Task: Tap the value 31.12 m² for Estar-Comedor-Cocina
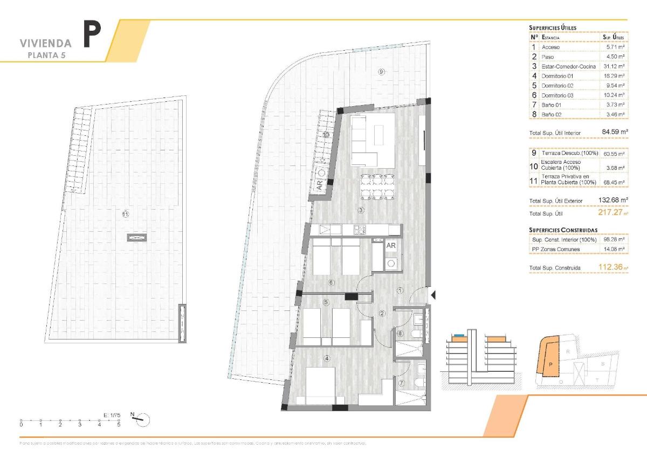pyautogui.click(x=614, y=66)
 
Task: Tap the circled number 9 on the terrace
pyautogui.click(x=381, y=72)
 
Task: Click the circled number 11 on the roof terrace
pyautogui.click(x=125, y=214)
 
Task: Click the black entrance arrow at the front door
pyautogui.click(x=432, y=294)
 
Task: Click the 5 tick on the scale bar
pyautogui.click(x=119, y=420)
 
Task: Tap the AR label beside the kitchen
pyautogui.click(x=391, y=245)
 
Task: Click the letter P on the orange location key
pyautogui.click(x=549, y=365)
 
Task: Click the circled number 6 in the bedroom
pyautogui.click(x=332, y=282)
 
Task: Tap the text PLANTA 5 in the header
pyautogui.click(x=49, y=55)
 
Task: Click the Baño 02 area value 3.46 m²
pyautogui.click(x=614, y=114)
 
